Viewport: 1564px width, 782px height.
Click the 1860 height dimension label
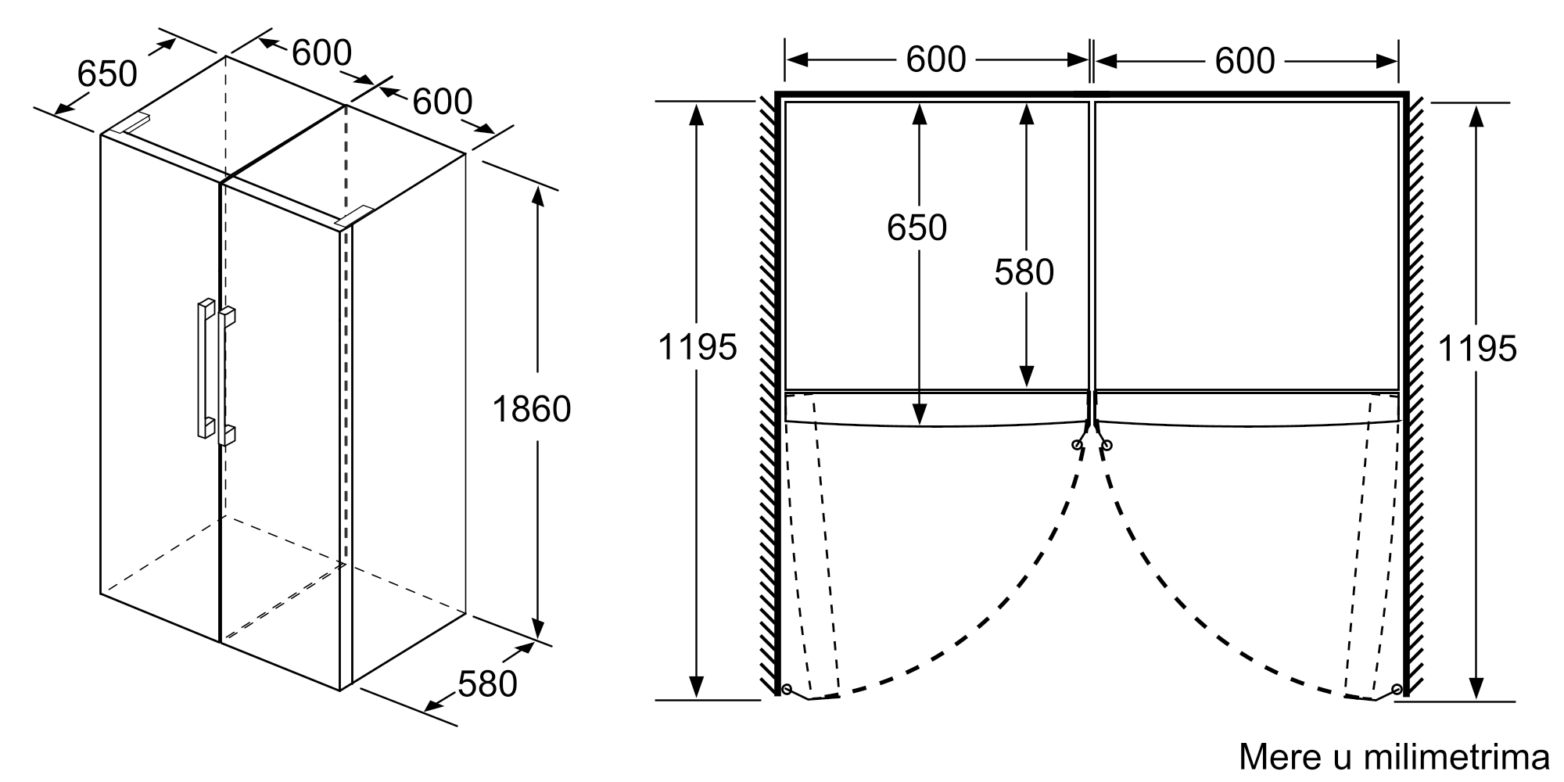532,409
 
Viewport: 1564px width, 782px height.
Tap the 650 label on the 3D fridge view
107,74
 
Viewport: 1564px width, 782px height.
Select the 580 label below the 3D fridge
487,684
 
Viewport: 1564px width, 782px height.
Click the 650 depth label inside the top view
917,228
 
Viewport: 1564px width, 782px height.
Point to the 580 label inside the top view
1024,272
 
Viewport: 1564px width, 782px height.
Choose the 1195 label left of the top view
697,347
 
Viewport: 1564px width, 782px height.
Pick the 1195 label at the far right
1477,348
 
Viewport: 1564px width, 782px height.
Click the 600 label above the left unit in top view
936,60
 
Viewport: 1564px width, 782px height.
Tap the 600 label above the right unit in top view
1245,60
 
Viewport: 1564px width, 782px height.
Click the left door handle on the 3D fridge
205,368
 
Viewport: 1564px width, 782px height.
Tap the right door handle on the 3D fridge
227,376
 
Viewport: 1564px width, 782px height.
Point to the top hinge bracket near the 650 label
131,124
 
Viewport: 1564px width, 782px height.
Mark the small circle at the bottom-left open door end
787,689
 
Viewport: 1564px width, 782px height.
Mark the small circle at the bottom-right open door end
1397,689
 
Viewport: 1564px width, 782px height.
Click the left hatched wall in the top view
766,391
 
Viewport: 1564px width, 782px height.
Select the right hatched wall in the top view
1415,391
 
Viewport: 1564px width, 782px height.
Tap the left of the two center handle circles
1077,445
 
